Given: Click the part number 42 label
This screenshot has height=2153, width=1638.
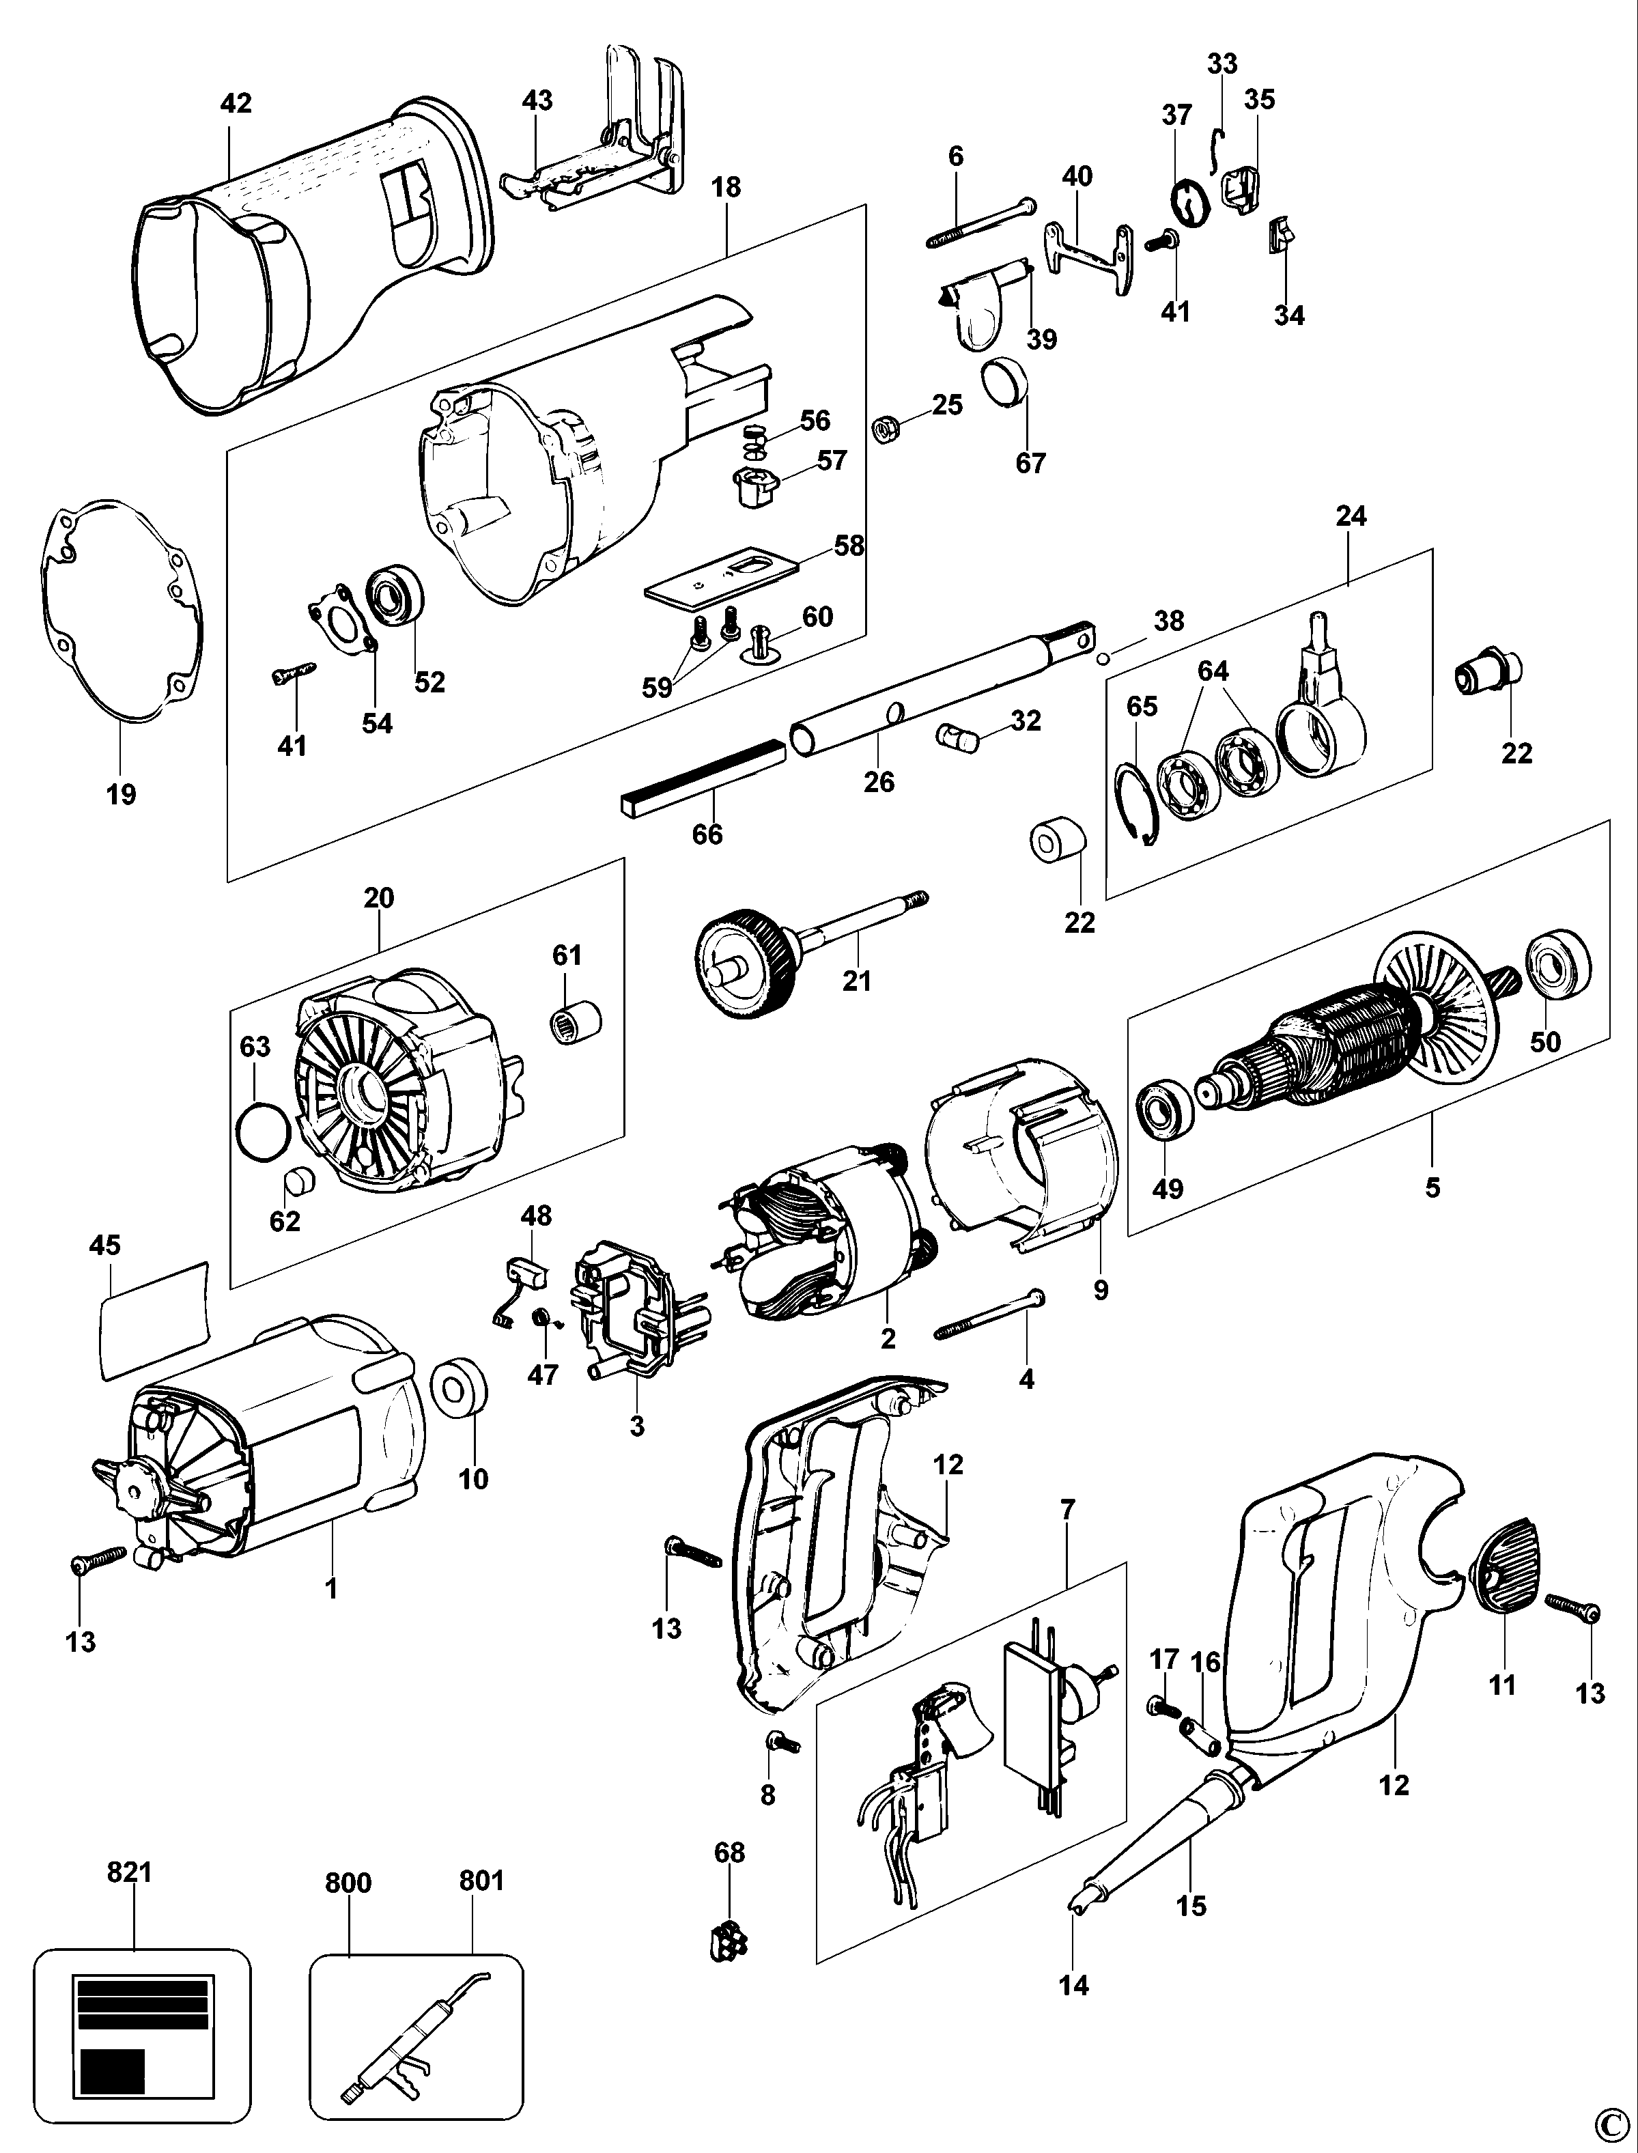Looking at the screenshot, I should (x=236, y=102).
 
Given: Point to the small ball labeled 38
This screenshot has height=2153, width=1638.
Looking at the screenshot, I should (x=1103, y=658).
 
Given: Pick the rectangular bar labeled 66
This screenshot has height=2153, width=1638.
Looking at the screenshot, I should (x=702, y=776).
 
